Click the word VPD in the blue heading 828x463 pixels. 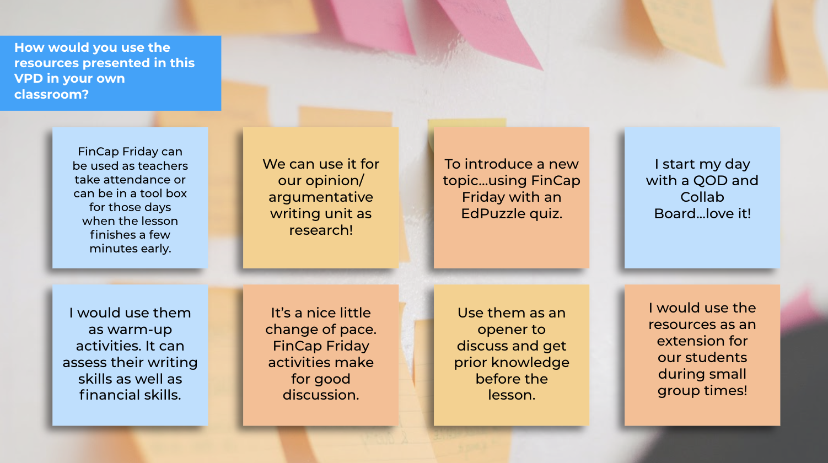[28, 78]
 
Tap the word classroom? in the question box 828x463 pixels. [51, 95]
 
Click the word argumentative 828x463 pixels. [321, 197]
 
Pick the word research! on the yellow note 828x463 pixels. [321, 230]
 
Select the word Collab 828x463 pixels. [702, 197]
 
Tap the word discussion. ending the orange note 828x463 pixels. [321, 395]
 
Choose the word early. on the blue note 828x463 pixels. [156, 249]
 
